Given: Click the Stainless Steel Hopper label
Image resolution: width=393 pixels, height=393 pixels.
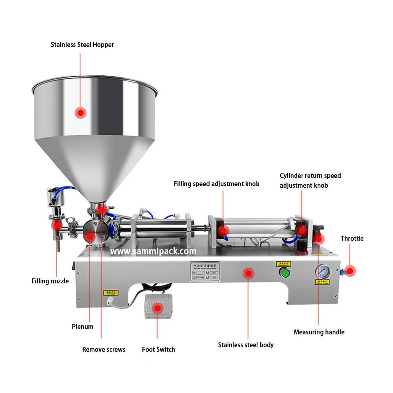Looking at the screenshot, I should point(82,45).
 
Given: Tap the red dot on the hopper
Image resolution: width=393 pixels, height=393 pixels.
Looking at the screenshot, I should point(80,113).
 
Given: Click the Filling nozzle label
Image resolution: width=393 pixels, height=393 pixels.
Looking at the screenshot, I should point(50,281).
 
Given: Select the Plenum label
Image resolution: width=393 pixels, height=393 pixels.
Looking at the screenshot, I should point(83,327).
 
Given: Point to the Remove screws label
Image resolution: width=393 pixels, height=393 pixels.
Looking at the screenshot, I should point(104,349).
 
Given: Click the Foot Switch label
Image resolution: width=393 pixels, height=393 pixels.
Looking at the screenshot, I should point(159,349).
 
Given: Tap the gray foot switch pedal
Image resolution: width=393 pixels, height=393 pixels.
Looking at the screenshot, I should point(159,306).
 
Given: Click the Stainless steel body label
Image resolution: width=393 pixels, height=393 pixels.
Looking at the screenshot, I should point(246,345).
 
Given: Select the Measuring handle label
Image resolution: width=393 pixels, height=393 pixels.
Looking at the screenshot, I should point(319,332).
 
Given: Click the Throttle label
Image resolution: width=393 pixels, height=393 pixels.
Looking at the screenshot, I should point(352,238).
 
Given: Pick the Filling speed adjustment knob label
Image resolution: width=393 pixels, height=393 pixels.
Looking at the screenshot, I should point(216,184).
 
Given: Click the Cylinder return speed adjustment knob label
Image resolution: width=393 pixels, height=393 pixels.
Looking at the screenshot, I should point(310,180).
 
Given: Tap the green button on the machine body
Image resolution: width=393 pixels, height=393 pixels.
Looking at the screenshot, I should point(285,273).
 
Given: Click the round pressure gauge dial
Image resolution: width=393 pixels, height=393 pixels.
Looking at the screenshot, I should point(323,271).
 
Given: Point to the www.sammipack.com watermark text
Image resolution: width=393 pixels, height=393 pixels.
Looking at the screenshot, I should point(153,251).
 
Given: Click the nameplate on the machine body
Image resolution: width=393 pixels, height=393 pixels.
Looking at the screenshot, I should point(205,271).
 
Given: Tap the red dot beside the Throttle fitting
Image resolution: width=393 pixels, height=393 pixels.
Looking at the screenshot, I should point(350,271).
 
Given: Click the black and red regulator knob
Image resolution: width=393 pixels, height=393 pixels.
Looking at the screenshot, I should point(302,246).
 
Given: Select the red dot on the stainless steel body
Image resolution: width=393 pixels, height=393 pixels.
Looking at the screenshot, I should point(248,273).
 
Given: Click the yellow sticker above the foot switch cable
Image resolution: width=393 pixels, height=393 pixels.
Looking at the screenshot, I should point(111,292).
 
